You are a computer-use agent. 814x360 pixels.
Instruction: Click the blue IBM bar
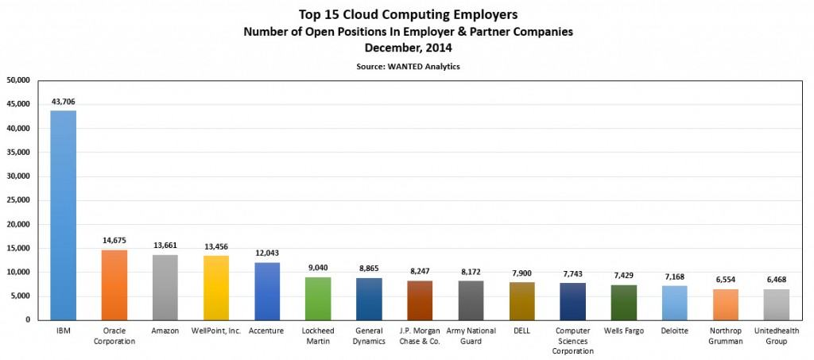click(64, 215)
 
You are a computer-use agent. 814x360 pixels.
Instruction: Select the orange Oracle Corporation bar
click(114, 285)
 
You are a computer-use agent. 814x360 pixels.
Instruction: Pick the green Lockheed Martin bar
click(318, 298)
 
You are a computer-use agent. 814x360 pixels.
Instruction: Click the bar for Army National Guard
click(471, 300)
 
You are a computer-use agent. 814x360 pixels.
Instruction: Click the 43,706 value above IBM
click(64, 103)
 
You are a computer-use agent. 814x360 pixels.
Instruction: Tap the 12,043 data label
click(267, 254)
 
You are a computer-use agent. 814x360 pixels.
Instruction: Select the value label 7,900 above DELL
click(521, 273)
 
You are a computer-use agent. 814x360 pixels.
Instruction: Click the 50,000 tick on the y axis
click(17, 80)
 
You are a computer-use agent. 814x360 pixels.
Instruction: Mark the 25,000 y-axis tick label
click(17, 200)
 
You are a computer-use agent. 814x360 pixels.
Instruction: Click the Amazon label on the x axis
click(165, 331)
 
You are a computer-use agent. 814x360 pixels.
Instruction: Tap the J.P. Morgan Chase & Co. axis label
click(420, 336)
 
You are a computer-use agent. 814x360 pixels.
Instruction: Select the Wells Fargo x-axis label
click(623, 331)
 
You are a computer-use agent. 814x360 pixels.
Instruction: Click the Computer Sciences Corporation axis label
click(572, 341)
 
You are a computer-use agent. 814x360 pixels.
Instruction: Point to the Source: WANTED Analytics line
click(408, 67)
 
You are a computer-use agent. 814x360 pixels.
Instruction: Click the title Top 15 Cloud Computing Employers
click(407, 14)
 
